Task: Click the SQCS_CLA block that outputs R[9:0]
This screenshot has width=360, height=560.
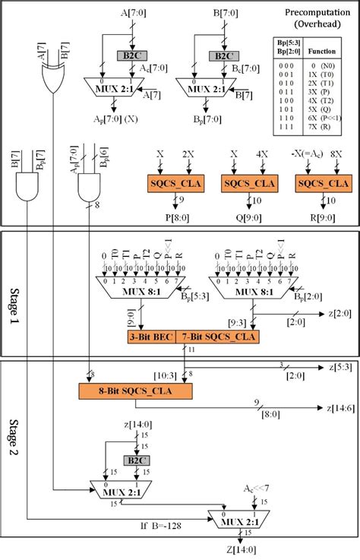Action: (317, 183)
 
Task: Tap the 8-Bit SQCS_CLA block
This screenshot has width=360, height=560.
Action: (134, 390)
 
